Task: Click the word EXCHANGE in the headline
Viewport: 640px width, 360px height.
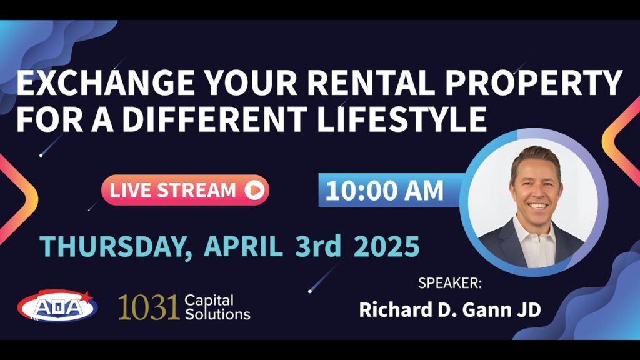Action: click(106, 83)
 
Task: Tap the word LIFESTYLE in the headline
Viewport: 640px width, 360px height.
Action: click(402, 119)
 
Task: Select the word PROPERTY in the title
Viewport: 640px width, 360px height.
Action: click(534, 83)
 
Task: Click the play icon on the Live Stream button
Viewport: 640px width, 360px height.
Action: click(254, 190)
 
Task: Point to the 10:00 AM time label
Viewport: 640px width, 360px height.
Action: click(384, 190)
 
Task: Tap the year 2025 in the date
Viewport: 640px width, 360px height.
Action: click(386, 246)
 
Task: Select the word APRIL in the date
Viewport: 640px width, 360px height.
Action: click(243, 246)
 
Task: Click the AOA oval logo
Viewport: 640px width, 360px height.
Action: click(56, 306)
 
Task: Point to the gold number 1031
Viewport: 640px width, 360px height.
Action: click(148, 307)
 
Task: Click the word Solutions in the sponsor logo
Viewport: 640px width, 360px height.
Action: click(217, 314)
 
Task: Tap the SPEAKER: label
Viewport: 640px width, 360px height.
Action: click(450, 283)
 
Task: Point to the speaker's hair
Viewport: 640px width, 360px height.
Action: click(535, 157)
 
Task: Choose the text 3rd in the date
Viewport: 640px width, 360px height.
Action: click(318, 246)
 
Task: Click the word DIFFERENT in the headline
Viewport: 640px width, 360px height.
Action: click(215, 119)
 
